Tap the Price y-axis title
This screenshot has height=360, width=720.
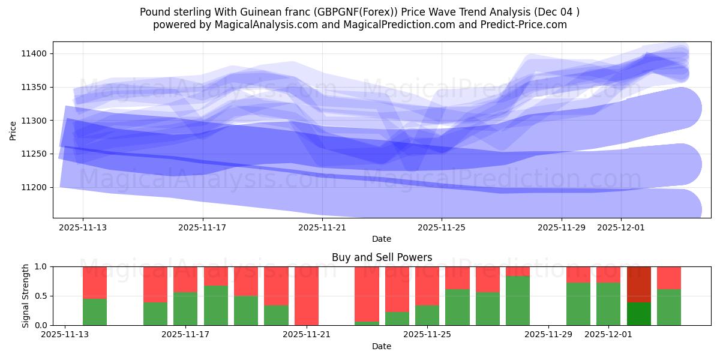pyautogui.click(x=13, y=130)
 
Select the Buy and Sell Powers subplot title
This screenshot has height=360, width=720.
pyautogui.click(x=382, y=257)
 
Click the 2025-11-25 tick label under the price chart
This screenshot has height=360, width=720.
pyautogui.click(x=442, y=227)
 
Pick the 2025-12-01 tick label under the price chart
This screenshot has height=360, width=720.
pyautogui.click(x=621, y=227)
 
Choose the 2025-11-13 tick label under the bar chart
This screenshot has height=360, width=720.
pyautogui.click(x=65, y=335)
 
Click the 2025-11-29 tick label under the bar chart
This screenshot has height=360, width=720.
pyautogui.click(x=548, y=335)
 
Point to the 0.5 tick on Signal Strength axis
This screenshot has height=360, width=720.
pyautogui.click(x=42, y=296)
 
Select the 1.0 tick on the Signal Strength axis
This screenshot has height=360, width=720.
pyautogui.click(x=42, y=266)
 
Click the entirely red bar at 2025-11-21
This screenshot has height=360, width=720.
pyautogui.click(x=307, y=296)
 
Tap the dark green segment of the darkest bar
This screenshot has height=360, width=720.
pyautogui.click(x=639, y=314)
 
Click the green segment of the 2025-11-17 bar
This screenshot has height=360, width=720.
pyautogui.click(x=185, y=308)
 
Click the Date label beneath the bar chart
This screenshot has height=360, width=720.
pyautogui.click(x=382, y=346)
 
